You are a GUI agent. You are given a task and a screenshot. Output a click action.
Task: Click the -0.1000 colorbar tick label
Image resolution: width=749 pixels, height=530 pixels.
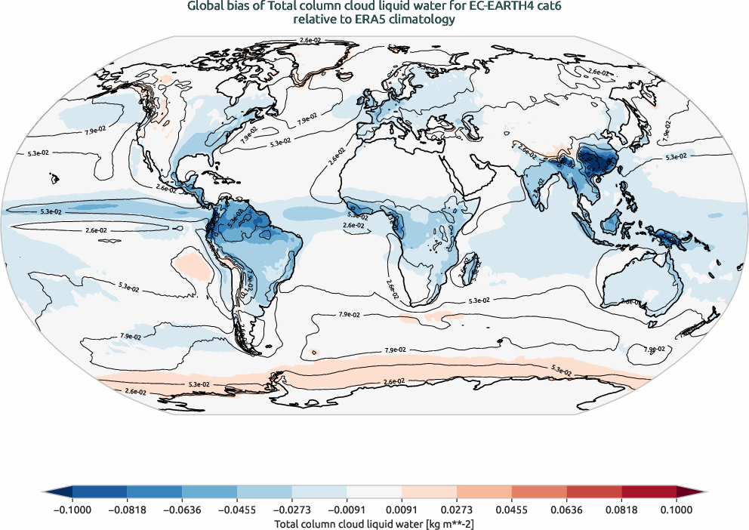coord(72,510)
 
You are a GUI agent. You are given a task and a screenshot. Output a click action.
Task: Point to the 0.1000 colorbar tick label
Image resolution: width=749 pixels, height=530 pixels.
coord(677,510)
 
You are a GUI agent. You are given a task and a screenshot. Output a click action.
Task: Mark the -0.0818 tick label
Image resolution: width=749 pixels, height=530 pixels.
coord(128,510)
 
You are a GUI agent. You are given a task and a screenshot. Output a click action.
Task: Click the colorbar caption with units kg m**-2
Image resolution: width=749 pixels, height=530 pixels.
coord(374,522)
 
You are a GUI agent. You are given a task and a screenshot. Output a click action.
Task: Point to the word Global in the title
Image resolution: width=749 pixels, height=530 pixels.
coord(205,7)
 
